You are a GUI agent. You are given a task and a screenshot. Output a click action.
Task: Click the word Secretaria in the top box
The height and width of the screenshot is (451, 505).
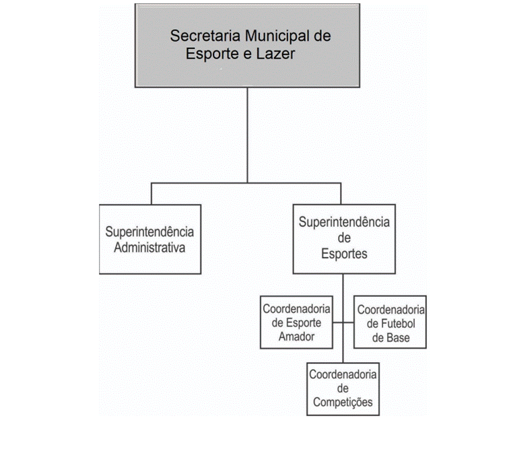point(205,36)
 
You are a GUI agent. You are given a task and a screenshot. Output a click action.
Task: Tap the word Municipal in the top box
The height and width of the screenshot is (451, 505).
point(277,36)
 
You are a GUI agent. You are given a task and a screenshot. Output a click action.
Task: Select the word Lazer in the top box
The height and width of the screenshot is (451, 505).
point(275,54)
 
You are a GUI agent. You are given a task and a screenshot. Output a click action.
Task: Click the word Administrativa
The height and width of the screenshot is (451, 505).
point(149,248)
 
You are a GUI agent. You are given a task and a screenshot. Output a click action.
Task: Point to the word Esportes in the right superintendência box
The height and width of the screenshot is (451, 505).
point(344,254)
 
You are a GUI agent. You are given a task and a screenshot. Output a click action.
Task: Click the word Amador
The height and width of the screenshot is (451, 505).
point(296,337)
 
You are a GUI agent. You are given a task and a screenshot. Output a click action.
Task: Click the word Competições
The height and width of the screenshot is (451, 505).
point(343,403)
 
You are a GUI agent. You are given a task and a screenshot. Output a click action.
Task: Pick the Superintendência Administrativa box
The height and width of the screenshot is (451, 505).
point(150,239)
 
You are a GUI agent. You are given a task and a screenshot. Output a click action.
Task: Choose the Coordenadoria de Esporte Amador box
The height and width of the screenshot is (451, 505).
point(296,322)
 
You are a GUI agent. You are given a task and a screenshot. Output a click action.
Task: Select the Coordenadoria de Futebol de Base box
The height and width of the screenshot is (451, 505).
point(390,322)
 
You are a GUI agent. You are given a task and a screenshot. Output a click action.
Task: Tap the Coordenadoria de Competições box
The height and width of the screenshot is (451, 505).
point(343,389)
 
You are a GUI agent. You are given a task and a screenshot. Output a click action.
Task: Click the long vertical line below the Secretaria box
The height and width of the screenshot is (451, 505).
point(247,135)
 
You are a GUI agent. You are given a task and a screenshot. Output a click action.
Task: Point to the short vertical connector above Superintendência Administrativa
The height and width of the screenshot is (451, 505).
point(151,194)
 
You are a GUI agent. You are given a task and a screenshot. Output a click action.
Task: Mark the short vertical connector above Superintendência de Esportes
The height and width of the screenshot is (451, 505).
point(341,194)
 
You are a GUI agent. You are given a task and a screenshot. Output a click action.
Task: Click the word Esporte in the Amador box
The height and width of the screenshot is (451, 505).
point(304,323)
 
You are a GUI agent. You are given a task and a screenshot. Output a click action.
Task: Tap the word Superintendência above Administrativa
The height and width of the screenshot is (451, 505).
point(149,232)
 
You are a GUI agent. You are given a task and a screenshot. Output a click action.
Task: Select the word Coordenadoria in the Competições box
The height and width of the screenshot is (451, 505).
point(343,374)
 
